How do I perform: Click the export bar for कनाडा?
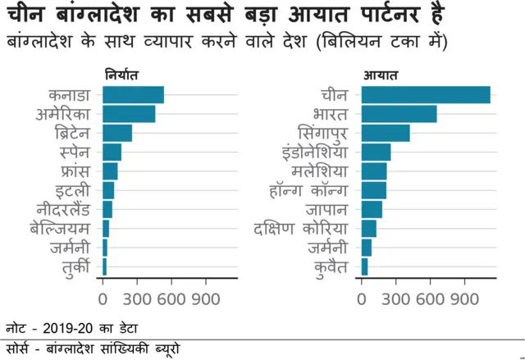[x=133, y=94]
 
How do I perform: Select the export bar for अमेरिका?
[x=129, y=113]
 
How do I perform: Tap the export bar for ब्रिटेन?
[x=117, y=133]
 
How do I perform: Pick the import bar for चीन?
[x=426, y=94]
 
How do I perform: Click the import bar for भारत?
[x=399, y=113]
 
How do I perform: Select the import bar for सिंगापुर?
[x=386, y=133]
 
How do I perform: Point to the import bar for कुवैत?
[x=364, y=267]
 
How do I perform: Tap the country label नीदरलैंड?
[x=69, y=209]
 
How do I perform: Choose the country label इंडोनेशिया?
[x=315, y=152]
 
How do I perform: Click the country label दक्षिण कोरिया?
[x=302, y=229]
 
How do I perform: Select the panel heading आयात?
[x=380, y=75]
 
